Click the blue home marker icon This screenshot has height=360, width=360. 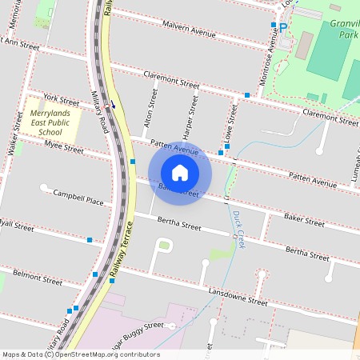(x=180, y=172)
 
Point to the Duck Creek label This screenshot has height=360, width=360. (x=238, y=228)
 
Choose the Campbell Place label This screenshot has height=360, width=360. (x=78, y=198)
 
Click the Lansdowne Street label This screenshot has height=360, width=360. (x=235, y=297)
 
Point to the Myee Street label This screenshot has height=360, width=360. (x=64, y=146)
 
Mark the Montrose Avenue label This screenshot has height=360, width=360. (x=272, y=56)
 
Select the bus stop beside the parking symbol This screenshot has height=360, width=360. (x=273, y=26)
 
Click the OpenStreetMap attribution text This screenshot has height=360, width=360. (x=81, y=354)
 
